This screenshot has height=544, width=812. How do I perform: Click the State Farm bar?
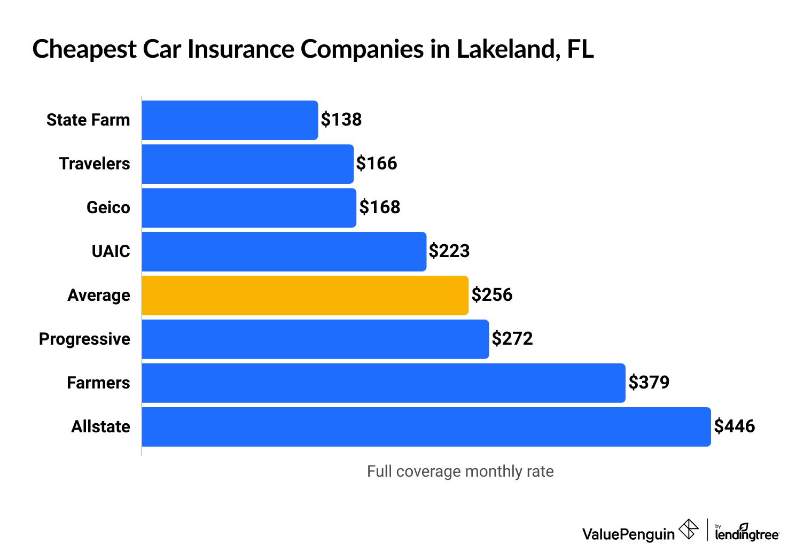[230, 120]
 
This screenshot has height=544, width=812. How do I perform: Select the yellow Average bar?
[305, 296]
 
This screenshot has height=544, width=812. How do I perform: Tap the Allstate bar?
[426, 427]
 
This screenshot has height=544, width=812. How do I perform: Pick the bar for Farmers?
[384, 383]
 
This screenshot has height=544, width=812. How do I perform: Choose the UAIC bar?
[284, 252]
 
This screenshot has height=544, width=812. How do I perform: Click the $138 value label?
[341, 120]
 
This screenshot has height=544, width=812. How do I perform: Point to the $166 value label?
[377, 164]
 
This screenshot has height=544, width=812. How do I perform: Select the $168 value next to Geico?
[380, 207]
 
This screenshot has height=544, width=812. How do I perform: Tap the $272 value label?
[512, 339]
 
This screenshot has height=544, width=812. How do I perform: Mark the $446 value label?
[735, 426]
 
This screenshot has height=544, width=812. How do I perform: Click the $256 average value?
[492, 295]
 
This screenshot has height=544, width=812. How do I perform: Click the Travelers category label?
[95, 164]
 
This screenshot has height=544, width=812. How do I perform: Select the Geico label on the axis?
[108, 208]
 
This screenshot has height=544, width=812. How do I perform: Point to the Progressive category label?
[84, 339]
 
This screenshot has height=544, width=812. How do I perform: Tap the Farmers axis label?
[98, 383]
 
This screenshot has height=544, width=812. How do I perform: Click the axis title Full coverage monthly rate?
[460, 471]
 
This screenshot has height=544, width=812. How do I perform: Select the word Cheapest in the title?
[84, 49]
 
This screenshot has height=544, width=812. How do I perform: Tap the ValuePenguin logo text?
[628, 534]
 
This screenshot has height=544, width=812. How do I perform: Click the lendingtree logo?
[747, 532]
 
